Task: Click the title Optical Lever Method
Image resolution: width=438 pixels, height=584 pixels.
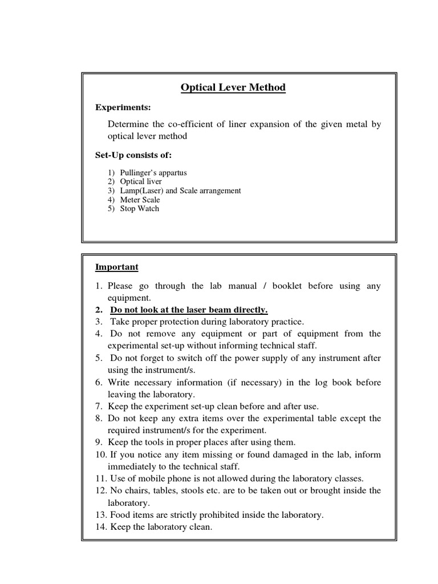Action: (x=233, y=88)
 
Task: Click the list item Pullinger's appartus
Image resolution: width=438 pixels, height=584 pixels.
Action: (x=153, y=172)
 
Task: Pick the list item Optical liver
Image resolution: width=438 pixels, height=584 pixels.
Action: (x=141, y=181)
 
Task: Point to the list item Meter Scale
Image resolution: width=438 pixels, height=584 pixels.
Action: (x=140, y=200)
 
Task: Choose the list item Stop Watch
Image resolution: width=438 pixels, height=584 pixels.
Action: (x=139, y=209)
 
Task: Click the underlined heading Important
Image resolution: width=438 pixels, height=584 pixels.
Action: (x=116, y=267)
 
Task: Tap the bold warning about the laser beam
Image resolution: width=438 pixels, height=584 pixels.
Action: (x=189, y=310)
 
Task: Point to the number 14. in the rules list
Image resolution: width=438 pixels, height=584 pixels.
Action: (x=101, y=528)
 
